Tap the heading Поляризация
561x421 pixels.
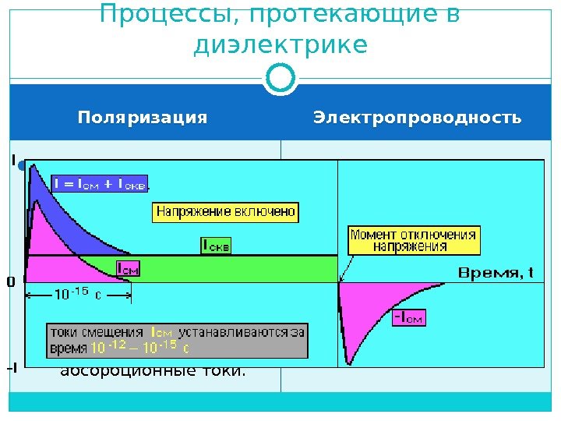click(143, 118)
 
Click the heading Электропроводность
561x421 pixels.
click(417, 118)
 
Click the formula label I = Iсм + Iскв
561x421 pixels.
click(101, 184)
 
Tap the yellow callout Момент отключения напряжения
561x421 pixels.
click(414, 239)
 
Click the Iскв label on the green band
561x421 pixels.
click(216, 246)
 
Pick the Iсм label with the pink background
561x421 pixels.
click(128, 268)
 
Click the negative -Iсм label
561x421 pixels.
click(408, 317)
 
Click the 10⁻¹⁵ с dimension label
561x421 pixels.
click(77, 295)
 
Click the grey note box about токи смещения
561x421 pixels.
click(176, 338)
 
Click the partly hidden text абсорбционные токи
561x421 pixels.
click(153, 370)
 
